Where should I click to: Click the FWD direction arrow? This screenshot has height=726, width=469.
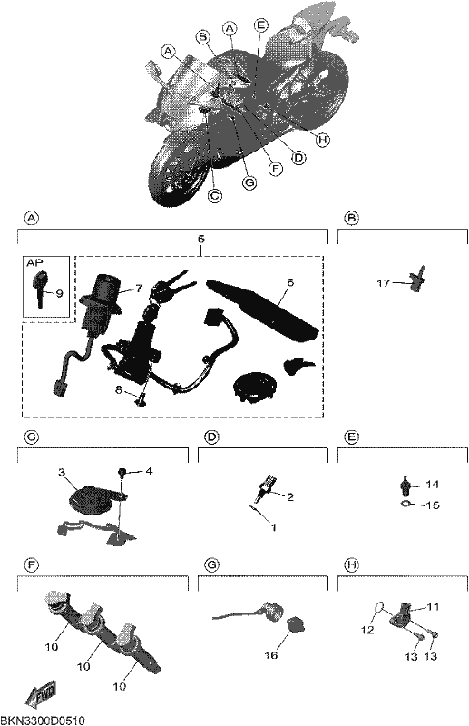(42, 693)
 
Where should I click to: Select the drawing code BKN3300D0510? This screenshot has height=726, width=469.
(43, 721)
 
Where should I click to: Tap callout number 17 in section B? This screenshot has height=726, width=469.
(384, 282)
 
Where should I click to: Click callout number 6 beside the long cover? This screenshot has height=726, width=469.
(290, 282)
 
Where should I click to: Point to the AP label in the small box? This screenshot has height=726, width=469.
(34, 262)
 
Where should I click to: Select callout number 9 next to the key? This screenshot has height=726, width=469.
(59, 293)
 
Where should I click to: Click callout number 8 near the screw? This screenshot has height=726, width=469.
(119, 390)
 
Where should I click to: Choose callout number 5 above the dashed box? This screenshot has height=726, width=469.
(200, 239)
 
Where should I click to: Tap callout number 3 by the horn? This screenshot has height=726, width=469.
(63, 472)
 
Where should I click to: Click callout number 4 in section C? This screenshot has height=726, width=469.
(149, 471)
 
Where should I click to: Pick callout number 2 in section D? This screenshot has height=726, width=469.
(289, 496)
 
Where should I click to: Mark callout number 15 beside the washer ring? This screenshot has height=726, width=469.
(433, 505)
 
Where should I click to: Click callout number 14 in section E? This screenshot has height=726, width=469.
(433, 485)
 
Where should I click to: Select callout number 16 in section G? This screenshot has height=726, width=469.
(271, 655)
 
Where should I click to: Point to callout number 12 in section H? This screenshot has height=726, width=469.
(367, 630)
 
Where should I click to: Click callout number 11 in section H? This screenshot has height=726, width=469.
(433, 606)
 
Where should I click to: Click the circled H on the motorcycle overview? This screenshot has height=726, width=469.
(323, 140)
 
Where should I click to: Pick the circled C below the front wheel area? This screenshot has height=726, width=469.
(214, 195)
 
